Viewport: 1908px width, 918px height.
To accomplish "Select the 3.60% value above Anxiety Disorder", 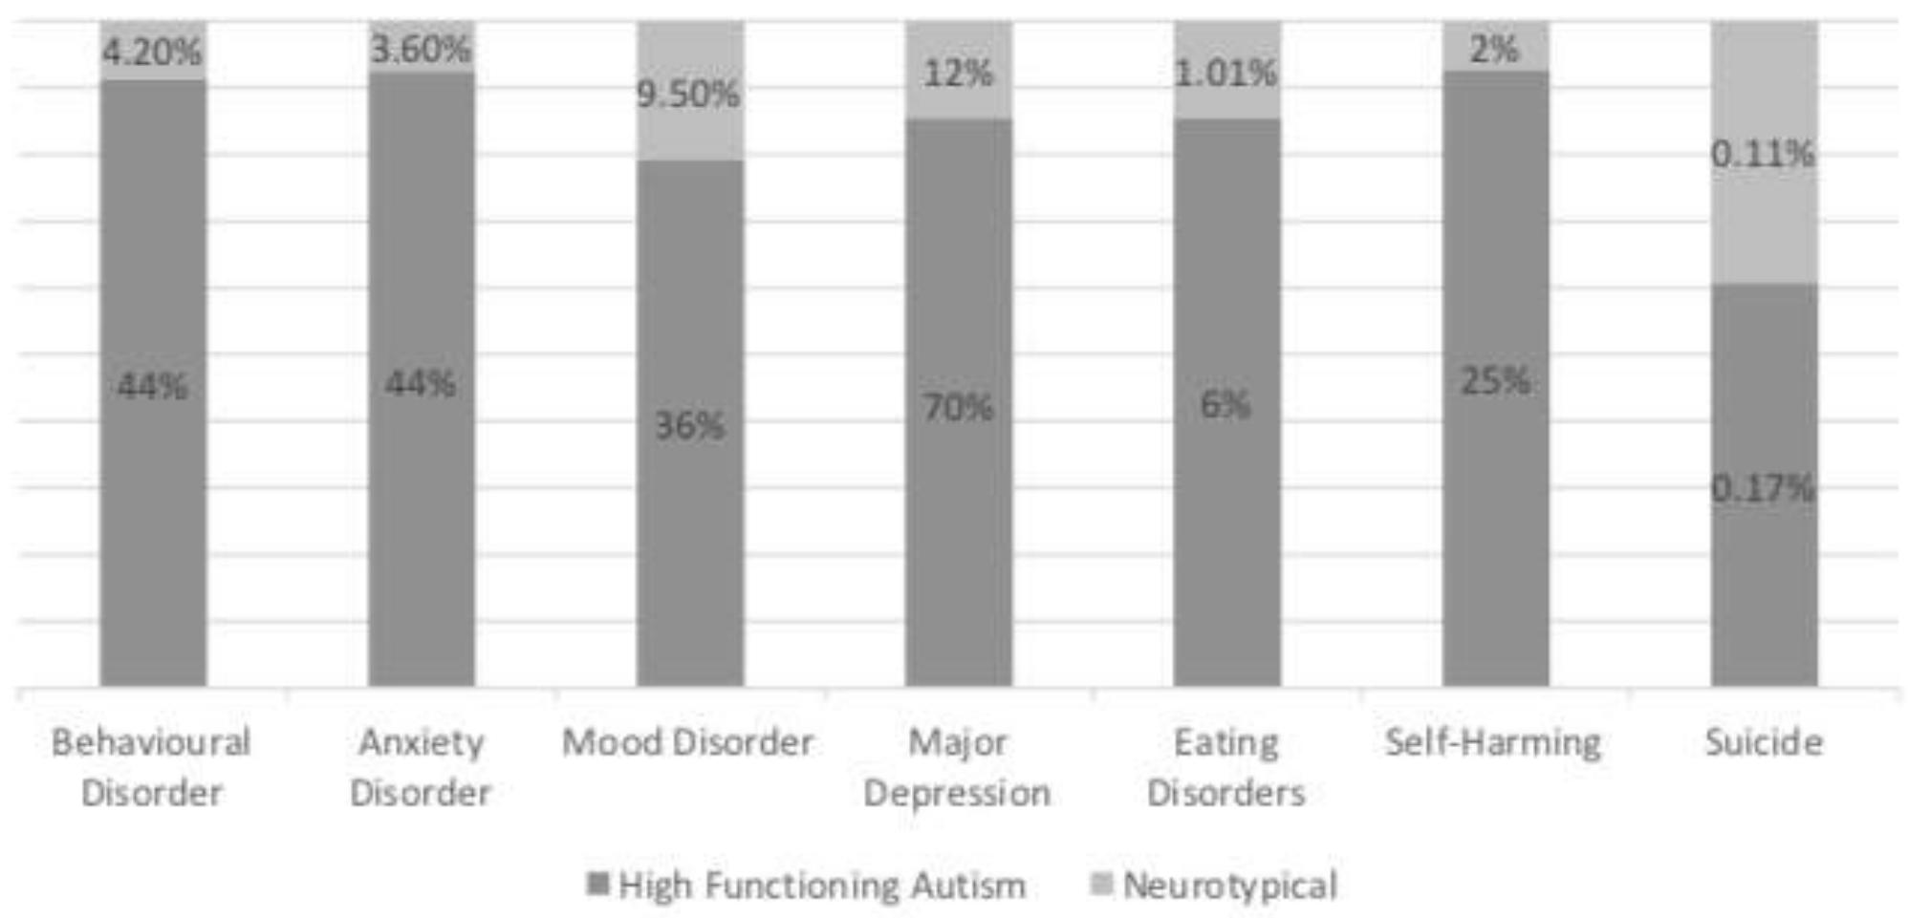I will [x=421, y=49].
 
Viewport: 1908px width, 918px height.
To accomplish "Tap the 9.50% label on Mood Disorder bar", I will [x=688, y=94].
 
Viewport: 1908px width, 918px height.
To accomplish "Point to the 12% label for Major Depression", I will [x=958, y=73].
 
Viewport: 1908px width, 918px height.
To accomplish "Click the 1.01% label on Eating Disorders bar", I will [x=1225, y=73].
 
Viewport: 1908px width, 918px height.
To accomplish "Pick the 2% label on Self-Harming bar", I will [x=1494, y=49].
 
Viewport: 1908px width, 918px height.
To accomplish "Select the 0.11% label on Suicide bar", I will [x=1762, y=153].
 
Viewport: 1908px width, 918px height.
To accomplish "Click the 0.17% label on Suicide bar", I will [x=1762, y=488].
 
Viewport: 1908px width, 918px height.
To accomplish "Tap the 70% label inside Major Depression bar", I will [x=958, y=408].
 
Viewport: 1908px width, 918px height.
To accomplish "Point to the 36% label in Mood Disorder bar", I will [x=689, y=425].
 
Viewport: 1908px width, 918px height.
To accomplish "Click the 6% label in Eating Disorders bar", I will [x=1225, y=405].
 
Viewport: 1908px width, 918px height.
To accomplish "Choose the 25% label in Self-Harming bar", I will [x=1495, y=381].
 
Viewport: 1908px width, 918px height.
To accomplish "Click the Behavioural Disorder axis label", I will [x=151, y=767].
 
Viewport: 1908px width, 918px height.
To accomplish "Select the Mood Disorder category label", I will [x=687, y=742].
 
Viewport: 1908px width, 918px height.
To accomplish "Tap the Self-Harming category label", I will [x=1492, y=742].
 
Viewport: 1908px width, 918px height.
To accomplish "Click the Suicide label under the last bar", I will [x=1764, y=742].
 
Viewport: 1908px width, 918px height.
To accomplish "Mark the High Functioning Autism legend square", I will [x=598, y=884].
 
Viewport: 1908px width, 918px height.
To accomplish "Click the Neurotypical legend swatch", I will [x=1101, y=884].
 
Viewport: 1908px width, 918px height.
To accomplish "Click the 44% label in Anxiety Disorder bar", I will [x=420, y=384].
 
